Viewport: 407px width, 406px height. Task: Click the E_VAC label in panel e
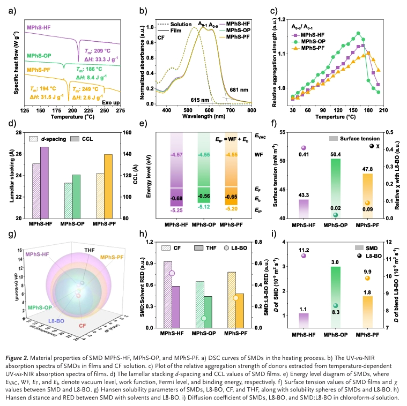261,137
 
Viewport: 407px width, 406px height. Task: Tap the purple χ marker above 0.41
304,148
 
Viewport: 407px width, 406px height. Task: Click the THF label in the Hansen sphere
90,250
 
